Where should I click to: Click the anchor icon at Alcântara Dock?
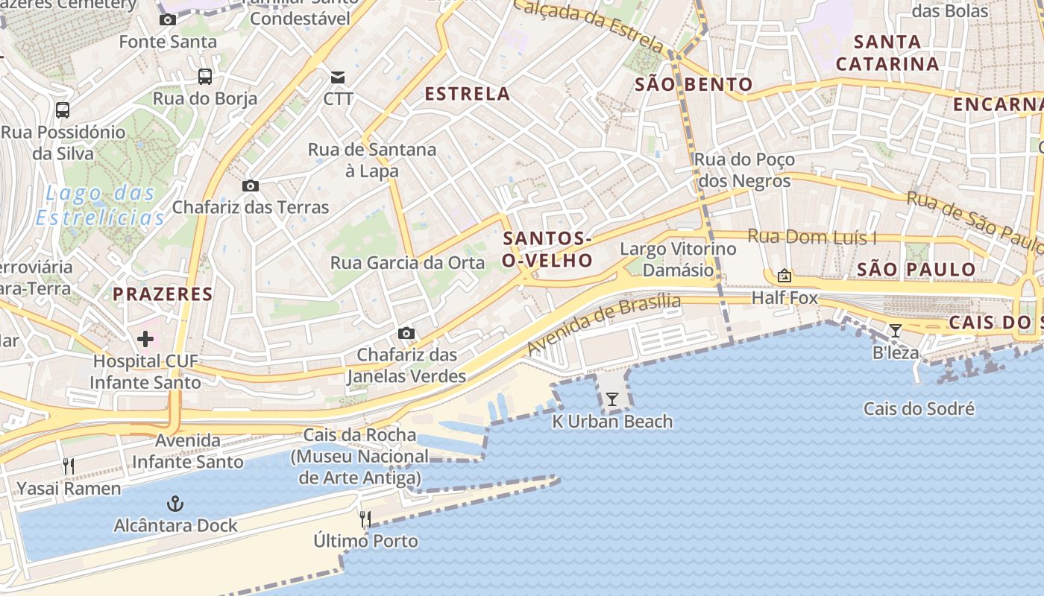pos(174,504)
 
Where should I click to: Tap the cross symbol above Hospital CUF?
pos(145,340)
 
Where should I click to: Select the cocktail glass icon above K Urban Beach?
pos(611,399)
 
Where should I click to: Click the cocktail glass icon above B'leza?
pos(896,330)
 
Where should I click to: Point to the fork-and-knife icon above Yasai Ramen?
pos(68,466)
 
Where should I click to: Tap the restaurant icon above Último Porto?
pos(365,519)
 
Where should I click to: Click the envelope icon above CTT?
pos(338,77)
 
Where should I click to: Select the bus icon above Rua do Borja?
pos(204,76)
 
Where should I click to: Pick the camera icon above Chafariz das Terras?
pos(251,186)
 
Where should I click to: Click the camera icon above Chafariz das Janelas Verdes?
pos(406,333)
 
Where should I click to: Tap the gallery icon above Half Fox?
pos(784,276)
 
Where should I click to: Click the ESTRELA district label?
pos(468,94)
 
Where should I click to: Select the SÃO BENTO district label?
pos(694,84)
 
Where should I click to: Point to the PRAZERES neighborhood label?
pos(163,294)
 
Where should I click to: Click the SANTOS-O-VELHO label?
pos(548,250)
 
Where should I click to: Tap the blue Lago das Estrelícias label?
pos(100,206)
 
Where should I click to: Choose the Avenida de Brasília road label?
pos(604,324)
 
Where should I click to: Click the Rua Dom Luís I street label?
pos(812,237)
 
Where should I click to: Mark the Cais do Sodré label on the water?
pos(919,409)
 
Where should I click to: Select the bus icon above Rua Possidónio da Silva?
pos(63,110)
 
